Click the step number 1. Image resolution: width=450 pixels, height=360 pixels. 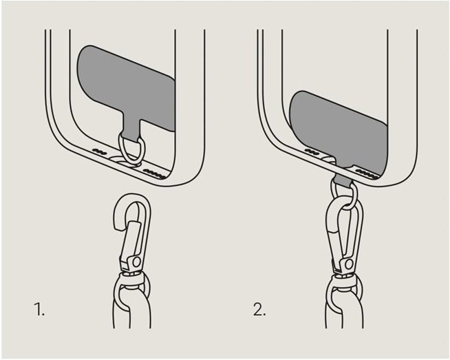click(39, 309)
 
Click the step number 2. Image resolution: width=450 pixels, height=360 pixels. click(259, 309)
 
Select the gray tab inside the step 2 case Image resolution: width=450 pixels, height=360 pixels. click(339, 129)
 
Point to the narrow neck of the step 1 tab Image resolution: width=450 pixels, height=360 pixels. click(131, 129)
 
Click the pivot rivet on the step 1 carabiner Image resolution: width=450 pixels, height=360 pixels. click(137, 262)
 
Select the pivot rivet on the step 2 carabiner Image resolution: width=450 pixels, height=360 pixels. click(349, 264)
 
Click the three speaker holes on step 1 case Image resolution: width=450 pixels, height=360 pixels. click(99, 151)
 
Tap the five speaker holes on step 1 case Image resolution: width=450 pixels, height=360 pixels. click(154, 173)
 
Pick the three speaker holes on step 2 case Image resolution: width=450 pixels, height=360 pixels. click(312, 151)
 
